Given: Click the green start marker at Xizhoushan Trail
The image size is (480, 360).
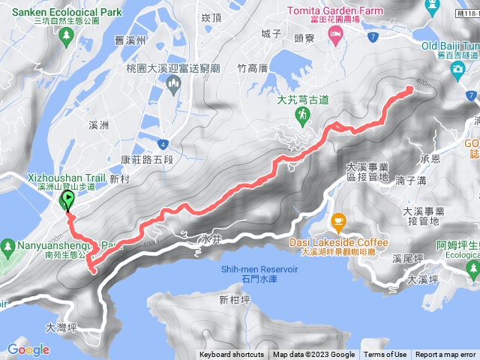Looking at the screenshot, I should (x=67, y=200).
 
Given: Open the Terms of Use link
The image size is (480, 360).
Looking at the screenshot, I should (x=385, y=355).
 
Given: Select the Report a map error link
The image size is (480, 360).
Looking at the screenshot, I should (x=445, y=355).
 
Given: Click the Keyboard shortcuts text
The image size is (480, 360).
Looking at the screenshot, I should (x=232, y=355).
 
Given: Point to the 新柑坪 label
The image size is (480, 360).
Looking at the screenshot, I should (x=233, y=301).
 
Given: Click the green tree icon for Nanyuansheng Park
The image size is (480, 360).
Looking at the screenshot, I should (x=7, y=245).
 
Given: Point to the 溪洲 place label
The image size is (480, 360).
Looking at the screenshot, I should (x=98, y=124).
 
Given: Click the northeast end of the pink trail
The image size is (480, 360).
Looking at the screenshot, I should (x=410, y=90).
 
